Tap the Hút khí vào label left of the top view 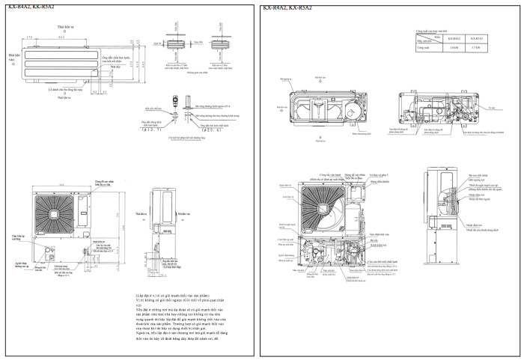(x=13, y=58)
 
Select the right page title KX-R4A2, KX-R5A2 (x=287, y=7)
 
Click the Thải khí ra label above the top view (x=64, y=26)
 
